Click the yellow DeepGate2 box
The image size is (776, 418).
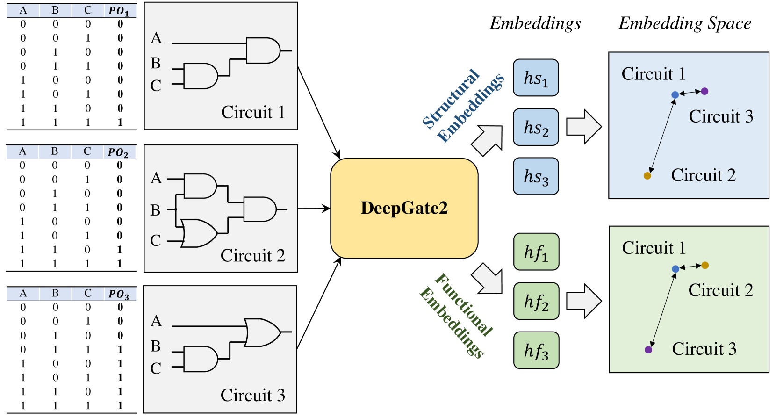[x=404, y=208]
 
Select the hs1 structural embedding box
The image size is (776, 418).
[x=536, y=78]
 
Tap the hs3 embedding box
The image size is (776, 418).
[x=536, y=176]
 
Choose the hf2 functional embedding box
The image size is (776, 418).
[x=536, y=301]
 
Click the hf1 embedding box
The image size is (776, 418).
[x=536, y=252]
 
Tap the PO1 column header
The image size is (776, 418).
[x=119, y=11]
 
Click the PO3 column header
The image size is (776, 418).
[x=119, y=294]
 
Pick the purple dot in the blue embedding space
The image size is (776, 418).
[x=704, y=91]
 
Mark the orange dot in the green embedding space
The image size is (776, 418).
[x=705, y=266]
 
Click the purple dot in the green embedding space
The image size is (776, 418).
[x=648, y=349]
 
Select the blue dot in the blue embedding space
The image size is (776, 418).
[x=675, y=95]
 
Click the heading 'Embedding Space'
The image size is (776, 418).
[x=685, y=23]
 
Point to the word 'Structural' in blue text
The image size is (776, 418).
[x=451, y=99]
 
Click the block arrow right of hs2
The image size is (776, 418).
[x=584, y=127]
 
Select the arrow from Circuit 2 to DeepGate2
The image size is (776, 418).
[x=314, y=209]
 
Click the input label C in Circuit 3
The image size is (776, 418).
[x=156, y=368]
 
